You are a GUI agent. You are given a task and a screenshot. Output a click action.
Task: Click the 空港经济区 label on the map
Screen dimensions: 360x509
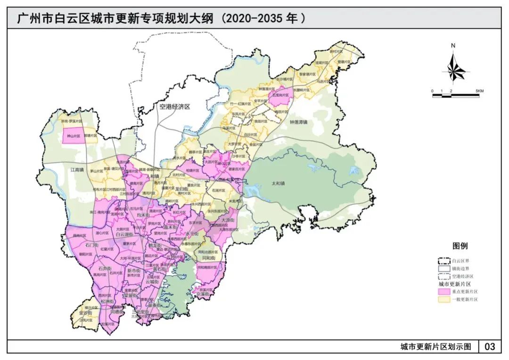[x=174, y=107]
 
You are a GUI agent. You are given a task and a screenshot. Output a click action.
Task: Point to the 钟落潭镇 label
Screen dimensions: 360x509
[x=298, y=122]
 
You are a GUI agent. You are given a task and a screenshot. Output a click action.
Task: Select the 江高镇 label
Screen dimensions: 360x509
[x=77, y=169]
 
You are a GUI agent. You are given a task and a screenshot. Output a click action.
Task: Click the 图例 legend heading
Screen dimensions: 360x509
[x=460, y=246]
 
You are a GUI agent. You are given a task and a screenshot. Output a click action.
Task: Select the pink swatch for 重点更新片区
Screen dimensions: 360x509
[x=444, y=292]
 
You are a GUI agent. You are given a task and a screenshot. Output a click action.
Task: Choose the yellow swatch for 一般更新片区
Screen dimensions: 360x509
[x=444, y=299]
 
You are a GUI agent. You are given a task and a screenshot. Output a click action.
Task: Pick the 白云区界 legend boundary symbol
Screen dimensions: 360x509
[x=444, y=261]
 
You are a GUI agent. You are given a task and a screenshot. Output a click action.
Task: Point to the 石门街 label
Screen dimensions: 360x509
[x=91, y=245]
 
